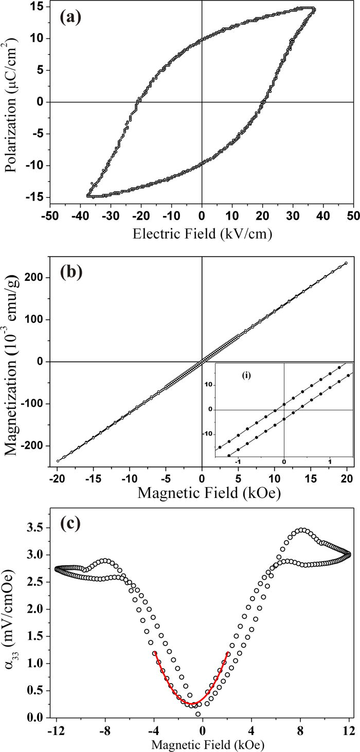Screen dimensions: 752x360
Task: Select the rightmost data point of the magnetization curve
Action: tap(346, 263)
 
